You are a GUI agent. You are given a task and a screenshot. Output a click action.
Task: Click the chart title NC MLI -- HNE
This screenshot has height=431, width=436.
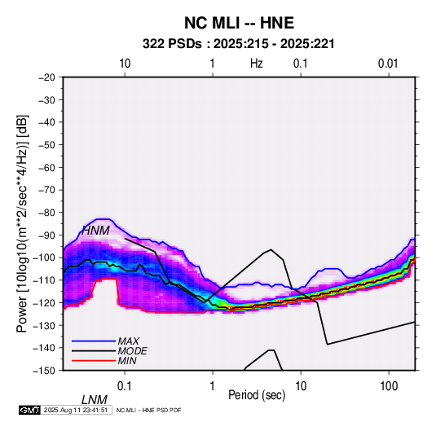[239, 23]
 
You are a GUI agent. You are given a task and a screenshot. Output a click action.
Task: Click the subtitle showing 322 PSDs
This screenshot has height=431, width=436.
[238, 44]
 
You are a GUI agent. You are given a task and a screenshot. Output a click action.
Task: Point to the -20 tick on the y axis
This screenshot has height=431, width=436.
[47, 77]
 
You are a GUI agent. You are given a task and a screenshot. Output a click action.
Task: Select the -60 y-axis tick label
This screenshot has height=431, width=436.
[47, 167]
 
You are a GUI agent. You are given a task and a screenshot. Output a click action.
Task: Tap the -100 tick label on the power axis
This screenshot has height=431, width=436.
[45, 257]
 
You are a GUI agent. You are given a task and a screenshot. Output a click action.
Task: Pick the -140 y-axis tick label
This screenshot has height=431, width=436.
[45, 348]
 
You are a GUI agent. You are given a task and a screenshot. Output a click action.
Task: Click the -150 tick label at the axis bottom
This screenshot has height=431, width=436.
[45, 371]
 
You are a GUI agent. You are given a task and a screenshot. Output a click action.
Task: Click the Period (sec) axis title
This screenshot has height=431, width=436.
[257, 395]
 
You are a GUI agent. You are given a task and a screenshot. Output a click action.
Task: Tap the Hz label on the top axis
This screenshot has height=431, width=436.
[257, 64]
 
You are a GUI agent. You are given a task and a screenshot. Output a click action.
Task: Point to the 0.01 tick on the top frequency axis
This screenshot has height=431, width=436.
[388, 64]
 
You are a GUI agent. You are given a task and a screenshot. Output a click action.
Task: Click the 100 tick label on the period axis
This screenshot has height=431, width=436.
[389, 386]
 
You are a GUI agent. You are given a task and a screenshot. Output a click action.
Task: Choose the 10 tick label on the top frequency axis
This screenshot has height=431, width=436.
[125, 64]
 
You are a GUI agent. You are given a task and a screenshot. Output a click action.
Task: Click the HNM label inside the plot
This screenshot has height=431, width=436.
[95, 231]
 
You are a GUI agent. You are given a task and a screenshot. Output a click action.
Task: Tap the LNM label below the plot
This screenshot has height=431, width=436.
[94, 400]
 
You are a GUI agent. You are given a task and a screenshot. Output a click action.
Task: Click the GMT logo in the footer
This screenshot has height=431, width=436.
[29, 410]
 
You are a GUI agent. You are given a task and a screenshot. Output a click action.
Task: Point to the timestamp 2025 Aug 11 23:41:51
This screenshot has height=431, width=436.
[76, 410]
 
